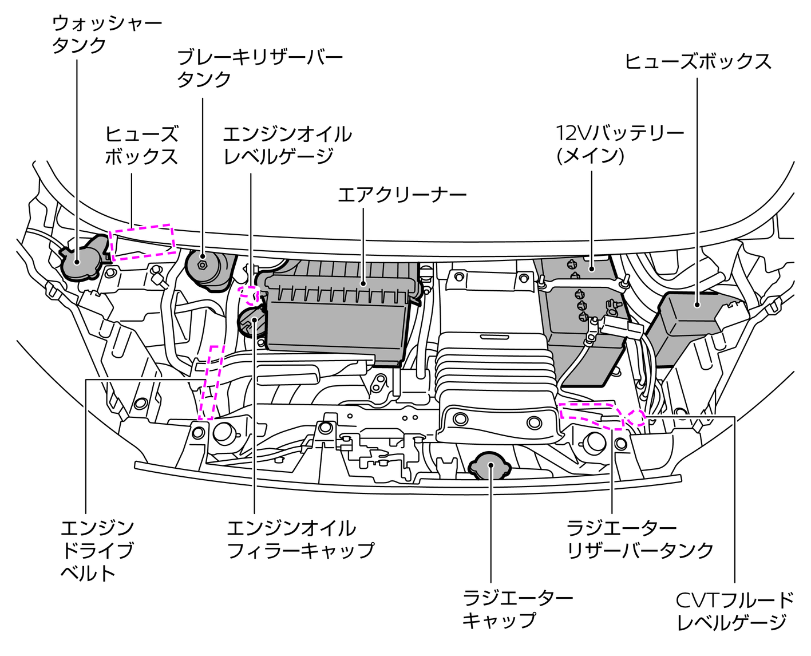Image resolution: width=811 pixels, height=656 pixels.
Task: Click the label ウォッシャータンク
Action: coord(106,34)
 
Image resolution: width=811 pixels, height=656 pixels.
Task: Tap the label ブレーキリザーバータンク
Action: coord(259,68)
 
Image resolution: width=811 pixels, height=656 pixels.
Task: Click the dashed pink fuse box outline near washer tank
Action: coord(143,242)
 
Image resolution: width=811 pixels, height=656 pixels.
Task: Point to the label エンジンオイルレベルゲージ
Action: coord(287,145)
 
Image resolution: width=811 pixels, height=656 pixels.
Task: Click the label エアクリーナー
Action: coord(402,195)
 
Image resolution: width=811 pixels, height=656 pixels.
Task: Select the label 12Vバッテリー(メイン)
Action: coord(619,144)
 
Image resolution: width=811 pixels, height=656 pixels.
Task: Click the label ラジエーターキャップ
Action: coord(517,608)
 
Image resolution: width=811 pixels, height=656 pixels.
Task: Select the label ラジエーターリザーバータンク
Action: coord(640,539)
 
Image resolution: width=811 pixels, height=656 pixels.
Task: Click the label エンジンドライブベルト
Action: coord(97,550)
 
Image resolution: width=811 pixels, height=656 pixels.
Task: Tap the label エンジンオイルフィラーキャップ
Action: coord(300,539)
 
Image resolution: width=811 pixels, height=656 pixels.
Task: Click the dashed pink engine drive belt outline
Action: coord(209,382)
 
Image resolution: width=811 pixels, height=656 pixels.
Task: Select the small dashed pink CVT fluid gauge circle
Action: coord(635,417)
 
